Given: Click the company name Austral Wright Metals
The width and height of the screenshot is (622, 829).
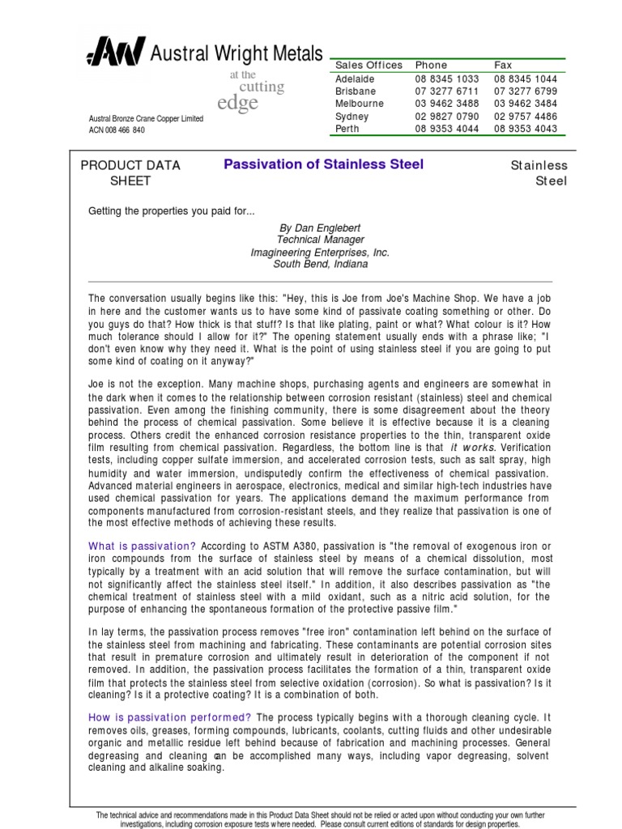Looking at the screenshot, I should pyautogui.click(x=236, y=53).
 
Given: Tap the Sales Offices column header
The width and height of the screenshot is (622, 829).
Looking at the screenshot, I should pyautogui.click(x=369, y=65).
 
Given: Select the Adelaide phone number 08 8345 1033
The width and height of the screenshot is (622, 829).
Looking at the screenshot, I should pyautogui.click(x=447, y=79).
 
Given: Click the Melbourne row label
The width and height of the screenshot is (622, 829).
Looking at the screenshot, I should pyautogui.click(x=360, y=104).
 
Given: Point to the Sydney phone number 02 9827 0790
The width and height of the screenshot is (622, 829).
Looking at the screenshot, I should pyautogui.click(x=447, y=117).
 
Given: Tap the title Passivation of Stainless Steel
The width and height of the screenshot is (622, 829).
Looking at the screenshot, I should pyautogui.click(x=323, y=164).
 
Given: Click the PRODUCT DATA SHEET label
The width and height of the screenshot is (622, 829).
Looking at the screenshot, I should pyautogui.click(x=130, y=173).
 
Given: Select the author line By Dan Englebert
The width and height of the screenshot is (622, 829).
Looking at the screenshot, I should pyautogui.click(x=320, y=228).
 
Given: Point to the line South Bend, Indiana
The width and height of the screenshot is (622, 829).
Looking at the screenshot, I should pyautogui.click(x=320, y=264).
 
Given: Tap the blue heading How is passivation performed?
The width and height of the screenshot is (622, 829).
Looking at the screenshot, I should pyautogui.click(x=169, y=716).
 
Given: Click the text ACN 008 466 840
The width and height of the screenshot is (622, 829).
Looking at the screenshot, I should pyautogui.click(x=117, y=130).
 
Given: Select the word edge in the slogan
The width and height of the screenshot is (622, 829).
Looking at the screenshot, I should pyautogui.click(x=238, y=104).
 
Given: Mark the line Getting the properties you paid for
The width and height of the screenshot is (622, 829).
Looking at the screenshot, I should pyautogui.click(x=171, y=211).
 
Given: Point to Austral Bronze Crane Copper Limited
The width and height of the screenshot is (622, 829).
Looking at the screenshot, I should pyautogui.click(x=146, y=119).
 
